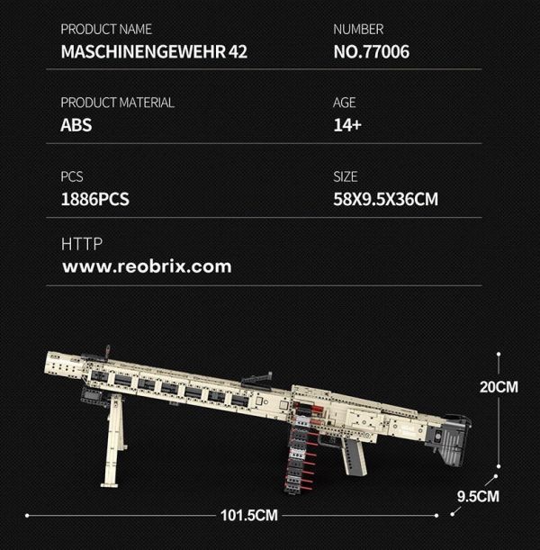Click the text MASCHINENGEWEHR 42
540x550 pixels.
click(x=153, y=52)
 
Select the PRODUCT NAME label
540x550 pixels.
click(x=106, y=30)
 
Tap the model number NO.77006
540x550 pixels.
click(x=371, y=52)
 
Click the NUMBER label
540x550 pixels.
click(x=358, y=30)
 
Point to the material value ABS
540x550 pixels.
click(x=76, y=125)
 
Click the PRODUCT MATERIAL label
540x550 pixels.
click(x=117, y=103)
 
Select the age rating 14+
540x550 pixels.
click(x=347, y=125)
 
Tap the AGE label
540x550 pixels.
click(x=345, y=103)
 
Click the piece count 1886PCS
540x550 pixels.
click(x=94, y=199)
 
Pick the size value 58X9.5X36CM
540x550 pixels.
click(x=385, y=199)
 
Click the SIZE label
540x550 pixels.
click(x=346, y=176)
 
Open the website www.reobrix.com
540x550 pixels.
click(x=146, y=266)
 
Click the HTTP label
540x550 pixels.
click(x=82, y=244)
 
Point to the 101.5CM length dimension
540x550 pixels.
click(x=248, y=515)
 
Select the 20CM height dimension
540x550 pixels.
click(x=499, y=387)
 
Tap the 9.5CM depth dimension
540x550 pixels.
click(x=478, y=495)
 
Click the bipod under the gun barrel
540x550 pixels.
click(x=113, y=441)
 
